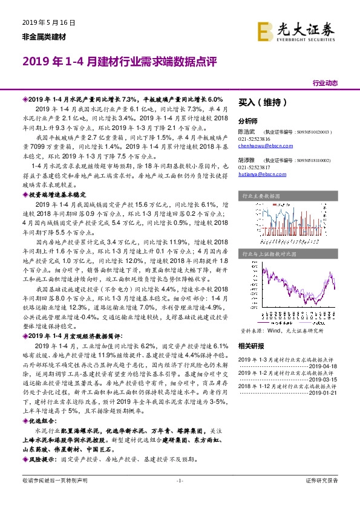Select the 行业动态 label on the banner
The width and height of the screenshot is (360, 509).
click(x=325, y=83)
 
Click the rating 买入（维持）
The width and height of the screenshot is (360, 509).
click(x=263, y=103)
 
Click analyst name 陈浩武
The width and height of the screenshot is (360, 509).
click(x=246, y=131)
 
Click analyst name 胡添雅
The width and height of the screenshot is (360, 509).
click(x=246, y=160)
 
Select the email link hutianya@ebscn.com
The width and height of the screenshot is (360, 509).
click(x=261, y=175)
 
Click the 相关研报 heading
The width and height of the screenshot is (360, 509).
click(x=250, y=346)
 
